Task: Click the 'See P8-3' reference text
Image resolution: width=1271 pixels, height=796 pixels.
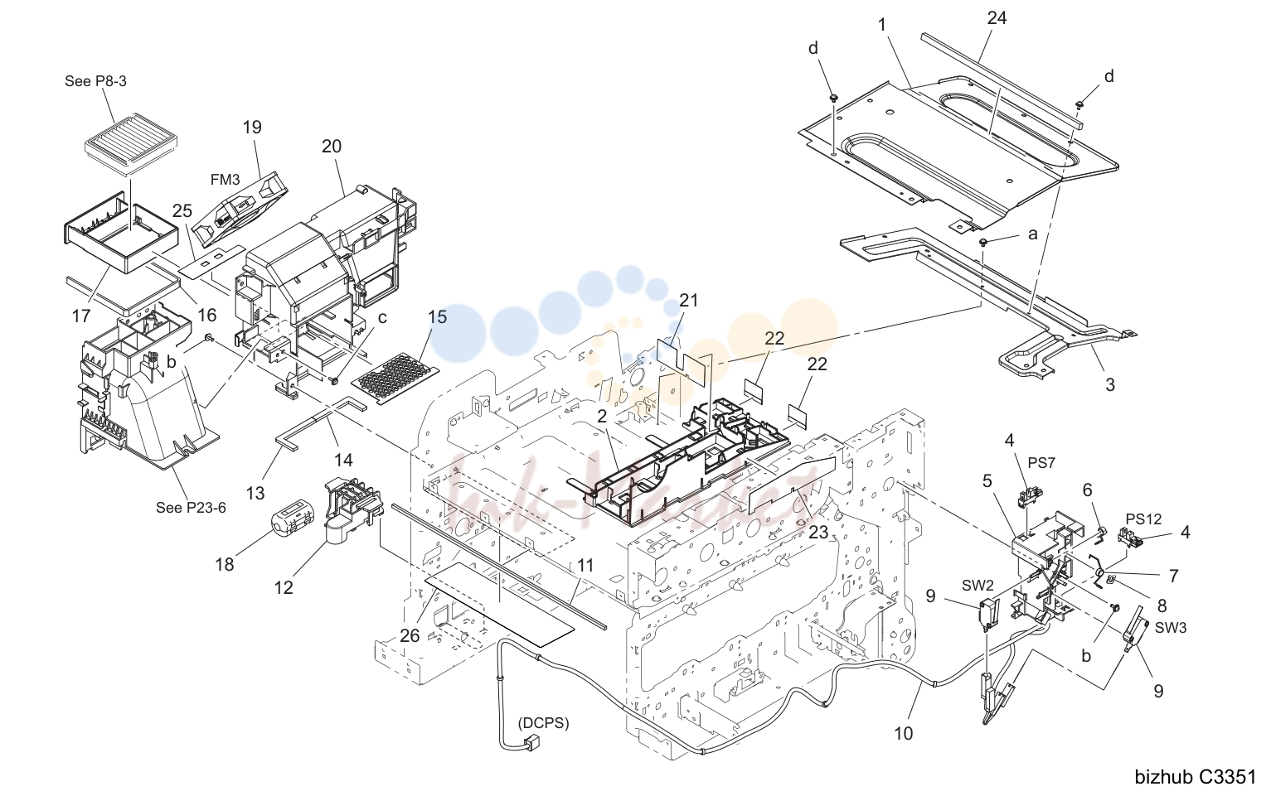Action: tap(95, 81)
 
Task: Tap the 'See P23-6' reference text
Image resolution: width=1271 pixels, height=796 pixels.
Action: tap(191, 508)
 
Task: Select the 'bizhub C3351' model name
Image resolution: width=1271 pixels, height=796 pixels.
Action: tap(1195, 777)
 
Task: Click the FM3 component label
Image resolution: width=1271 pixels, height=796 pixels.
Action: tap(226, 180)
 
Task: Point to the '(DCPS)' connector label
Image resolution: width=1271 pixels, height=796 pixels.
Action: tap(543, 723)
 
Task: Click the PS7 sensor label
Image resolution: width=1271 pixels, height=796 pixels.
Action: tap(1041, 463)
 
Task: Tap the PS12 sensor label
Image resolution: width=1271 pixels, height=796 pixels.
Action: tap(1143, 519)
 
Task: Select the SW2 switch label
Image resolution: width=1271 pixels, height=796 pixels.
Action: tap(978, 585)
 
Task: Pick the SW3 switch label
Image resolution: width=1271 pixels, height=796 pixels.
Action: tap(1171, 628)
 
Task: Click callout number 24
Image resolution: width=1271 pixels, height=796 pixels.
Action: tap(997, 18)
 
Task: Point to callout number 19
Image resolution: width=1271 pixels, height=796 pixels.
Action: tap(252, 127)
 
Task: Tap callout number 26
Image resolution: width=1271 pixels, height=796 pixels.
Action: tap(410, 636)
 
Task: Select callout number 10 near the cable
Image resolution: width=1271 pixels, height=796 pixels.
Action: tap(904, 734)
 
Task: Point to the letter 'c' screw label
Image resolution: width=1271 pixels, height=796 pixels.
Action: tap(382, 317)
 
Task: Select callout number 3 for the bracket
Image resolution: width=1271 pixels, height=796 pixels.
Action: tap(1110, 385)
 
